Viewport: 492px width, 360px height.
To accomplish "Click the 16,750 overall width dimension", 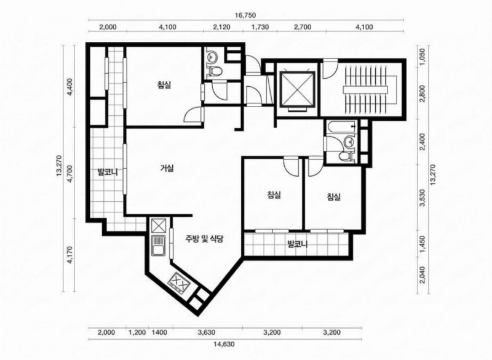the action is pos(246,15).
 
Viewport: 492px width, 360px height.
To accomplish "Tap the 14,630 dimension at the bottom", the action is pos(224,344).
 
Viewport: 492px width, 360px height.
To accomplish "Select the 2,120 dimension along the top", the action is pos(222,27).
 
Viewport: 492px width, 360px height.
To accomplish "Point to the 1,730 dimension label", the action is pos(260,27).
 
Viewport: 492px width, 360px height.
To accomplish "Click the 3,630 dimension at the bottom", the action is pos(207,332).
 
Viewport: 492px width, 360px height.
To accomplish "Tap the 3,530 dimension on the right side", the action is pos(422,198).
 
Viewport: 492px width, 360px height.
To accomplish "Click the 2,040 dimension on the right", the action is pos(422,274).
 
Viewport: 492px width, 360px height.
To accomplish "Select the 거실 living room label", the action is pos(167,168).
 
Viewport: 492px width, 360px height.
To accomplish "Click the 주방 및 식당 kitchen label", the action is pos(204,239).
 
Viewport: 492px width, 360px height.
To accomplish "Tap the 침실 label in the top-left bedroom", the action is pos(164,85).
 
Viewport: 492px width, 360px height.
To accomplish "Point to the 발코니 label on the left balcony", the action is pos(107,172).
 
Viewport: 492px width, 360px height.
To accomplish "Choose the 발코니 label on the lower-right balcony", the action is pos(298,244).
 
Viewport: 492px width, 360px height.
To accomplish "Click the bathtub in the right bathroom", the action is pos(341,127).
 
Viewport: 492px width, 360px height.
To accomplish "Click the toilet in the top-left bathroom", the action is pos(215,71).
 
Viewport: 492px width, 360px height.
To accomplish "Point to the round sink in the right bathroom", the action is pos(349,143).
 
